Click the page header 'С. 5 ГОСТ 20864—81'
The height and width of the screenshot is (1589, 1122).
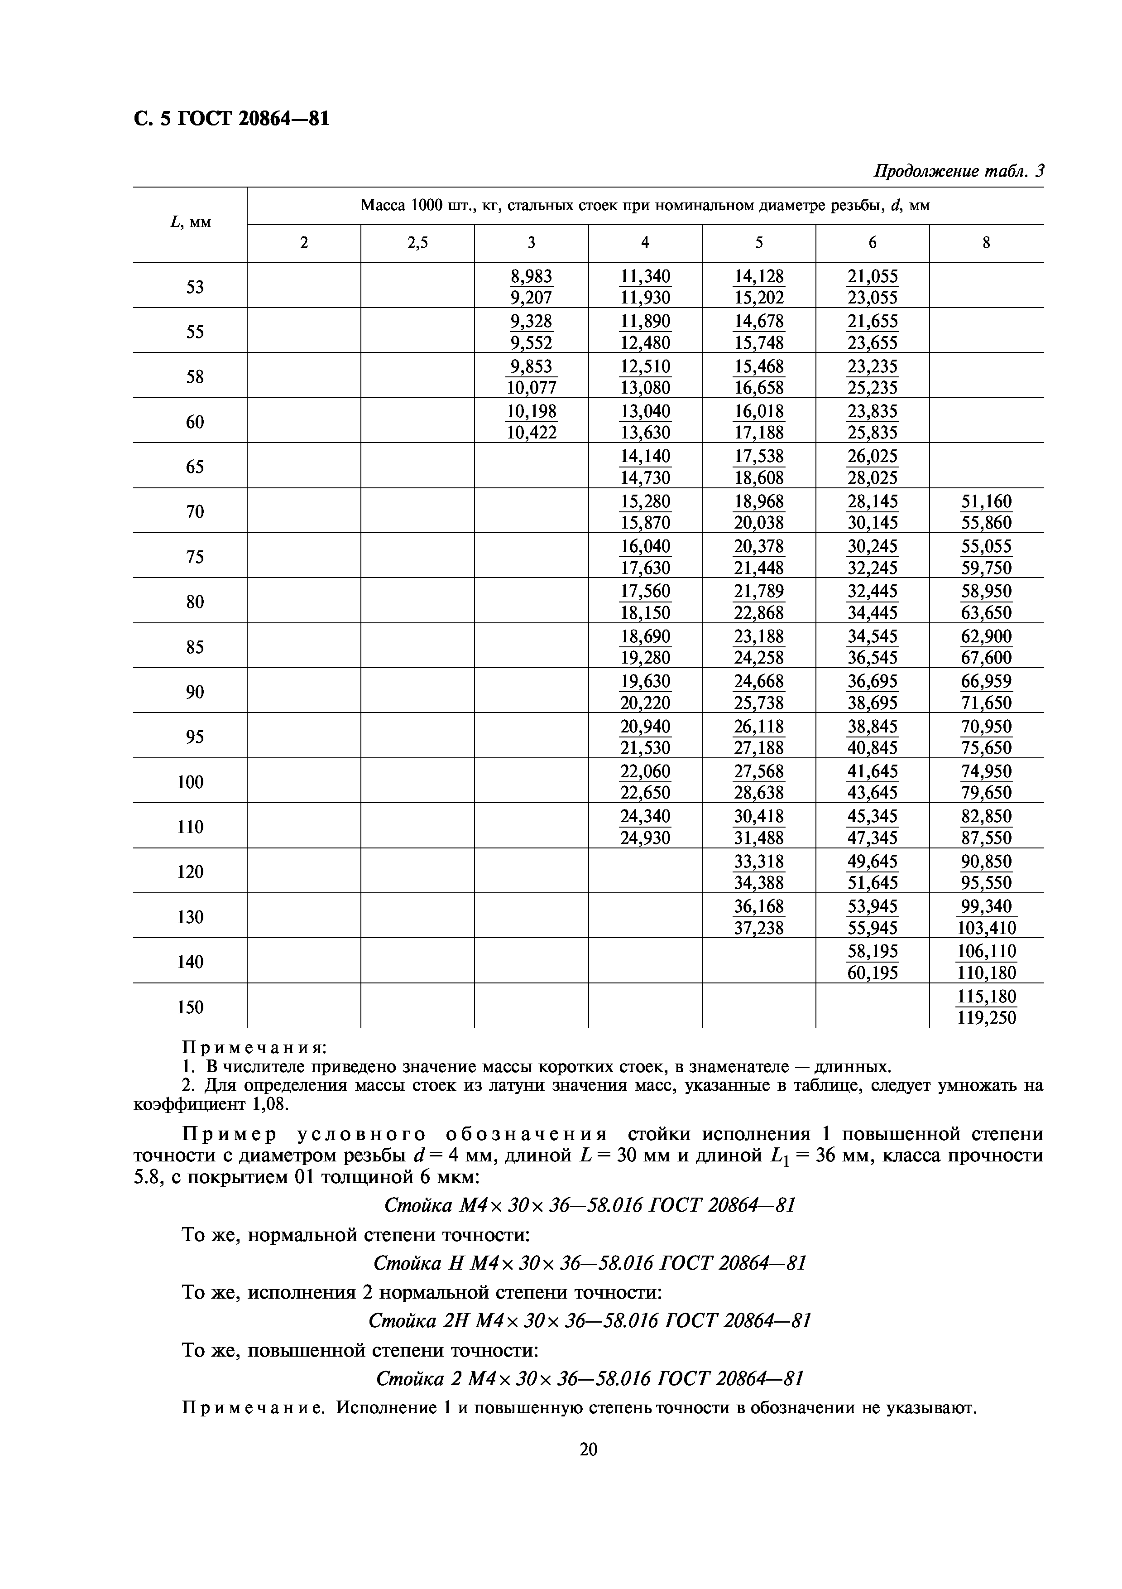pyautogui.click(x=231, y=119)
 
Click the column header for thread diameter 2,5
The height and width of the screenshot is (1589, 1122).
pyautogui.click(x=417, y=242)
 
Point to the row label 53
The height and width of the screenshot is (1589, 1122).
pyautogui.click(x=195, y=287)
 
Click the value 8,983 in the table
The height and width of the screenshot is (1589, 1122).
pyautogui.click(x=531, y=276)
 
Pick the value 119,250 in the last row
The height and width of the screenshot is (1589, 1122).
pyautogui.click(x=987, y=1017)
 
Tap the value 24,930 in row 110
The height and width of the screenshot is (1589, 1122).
pyautogui.click(x=645, y=838)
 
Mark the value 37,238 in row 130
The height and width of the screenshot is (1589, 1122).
pyautogui.click(x=759, y=928)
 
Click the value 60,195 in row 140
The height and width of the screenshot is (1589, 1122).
pyautogui.click(x=872, y=973)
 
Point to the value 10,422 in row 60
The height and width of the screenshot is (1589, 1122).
pyautogui.click(x=531, y=433)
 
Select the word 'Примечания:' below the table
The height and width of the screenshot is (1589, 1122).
pyautogui.click(x=253, y=1047)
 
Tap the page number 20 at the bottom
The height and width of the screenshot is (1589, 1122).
pyautogui.click(x=588, y=1449)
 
